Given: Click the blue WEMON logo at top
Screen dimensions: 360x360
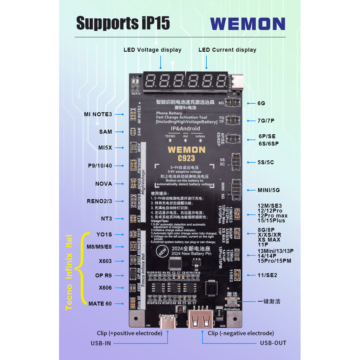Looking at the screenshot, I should (247, 24).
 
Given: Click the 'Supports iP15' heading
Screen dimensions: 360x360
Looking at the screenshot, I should (123, 23).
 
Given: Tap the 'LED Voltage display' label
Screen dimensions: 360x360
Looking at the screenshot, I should (152, 50).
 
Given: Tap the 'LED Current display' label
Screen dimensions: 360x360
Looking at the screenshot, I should (227, 50).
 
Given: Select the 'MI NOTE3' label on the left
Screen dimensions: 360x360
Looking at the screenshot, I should (98, 114).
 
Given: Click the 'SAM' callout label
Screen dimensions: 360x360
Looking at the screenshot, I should (105, 132).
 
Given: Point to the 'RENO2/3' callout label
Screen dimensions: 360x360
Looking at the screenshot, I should (99, 201).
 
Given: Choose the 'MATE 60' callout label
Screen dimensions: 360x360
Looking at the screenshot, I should (100, 304).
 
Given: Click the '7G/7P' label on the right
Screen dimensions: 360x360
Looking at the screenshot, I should (266, 121).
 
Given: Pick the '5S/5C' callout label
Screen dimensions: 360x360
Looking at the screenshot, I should (265, 162).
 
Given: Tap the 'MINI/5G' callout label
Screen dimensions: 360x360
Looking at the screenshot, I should (268, 190).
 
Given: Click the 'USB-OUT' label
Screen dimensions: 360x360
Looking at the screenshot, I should (273, 343).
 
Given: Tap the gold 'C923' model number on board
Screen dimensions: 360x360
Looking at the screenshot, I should (186, 158).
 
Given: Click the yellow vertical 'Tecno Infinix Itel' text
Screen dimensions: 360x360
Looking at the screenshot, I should (69, 272).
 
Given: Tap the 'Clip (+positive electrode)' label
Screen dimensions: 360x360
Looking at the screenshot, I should (130, 333).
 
